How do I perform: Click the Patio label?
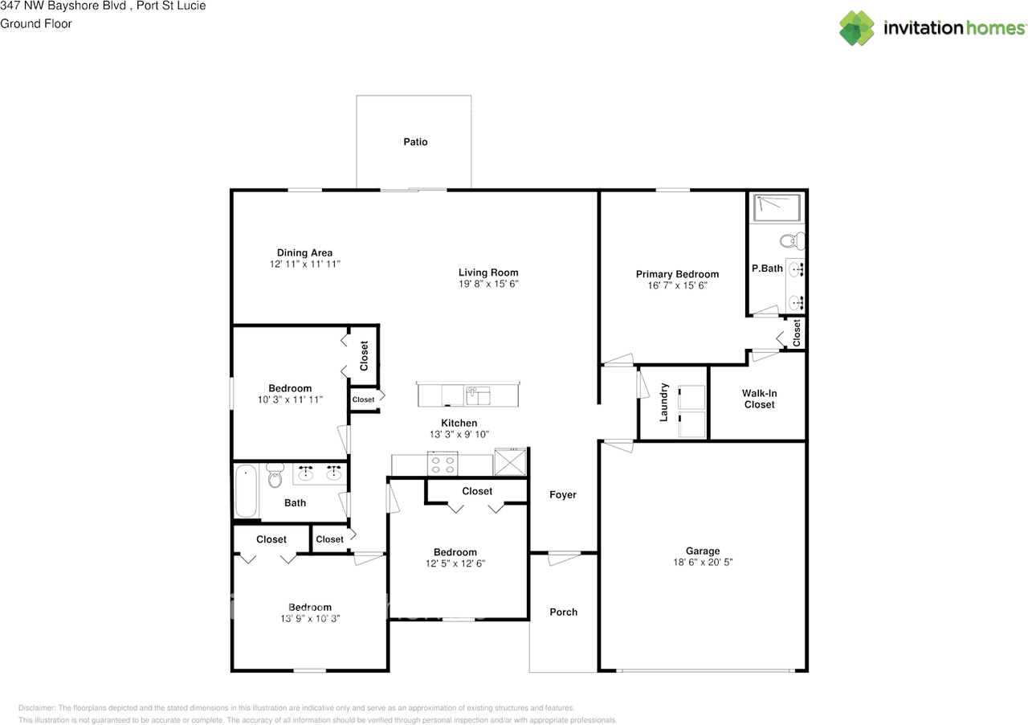415,142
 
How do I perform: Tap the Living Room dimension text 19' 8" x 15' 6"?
488,285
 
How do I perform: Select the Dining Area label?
304,252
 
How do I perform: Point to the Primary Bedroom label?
677,274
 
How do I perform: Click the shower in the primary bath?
777,208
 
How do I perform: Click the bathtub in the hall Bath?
246,492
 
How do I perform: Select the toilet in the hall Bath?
275,476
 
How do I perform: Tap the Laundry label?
664,402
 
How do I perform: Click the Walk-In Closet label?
759,399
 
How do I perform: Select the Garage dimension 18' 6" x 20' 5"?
702,563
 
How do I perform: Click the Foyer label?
563,495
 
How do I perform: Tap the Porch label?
563,612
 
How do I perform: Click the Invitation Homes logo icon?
857,28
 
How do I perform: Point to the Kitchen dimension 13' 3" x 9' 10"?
459,435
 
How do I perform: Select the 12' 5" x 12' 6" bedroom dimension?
455,563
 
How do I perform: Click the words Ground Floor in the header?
36,23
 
